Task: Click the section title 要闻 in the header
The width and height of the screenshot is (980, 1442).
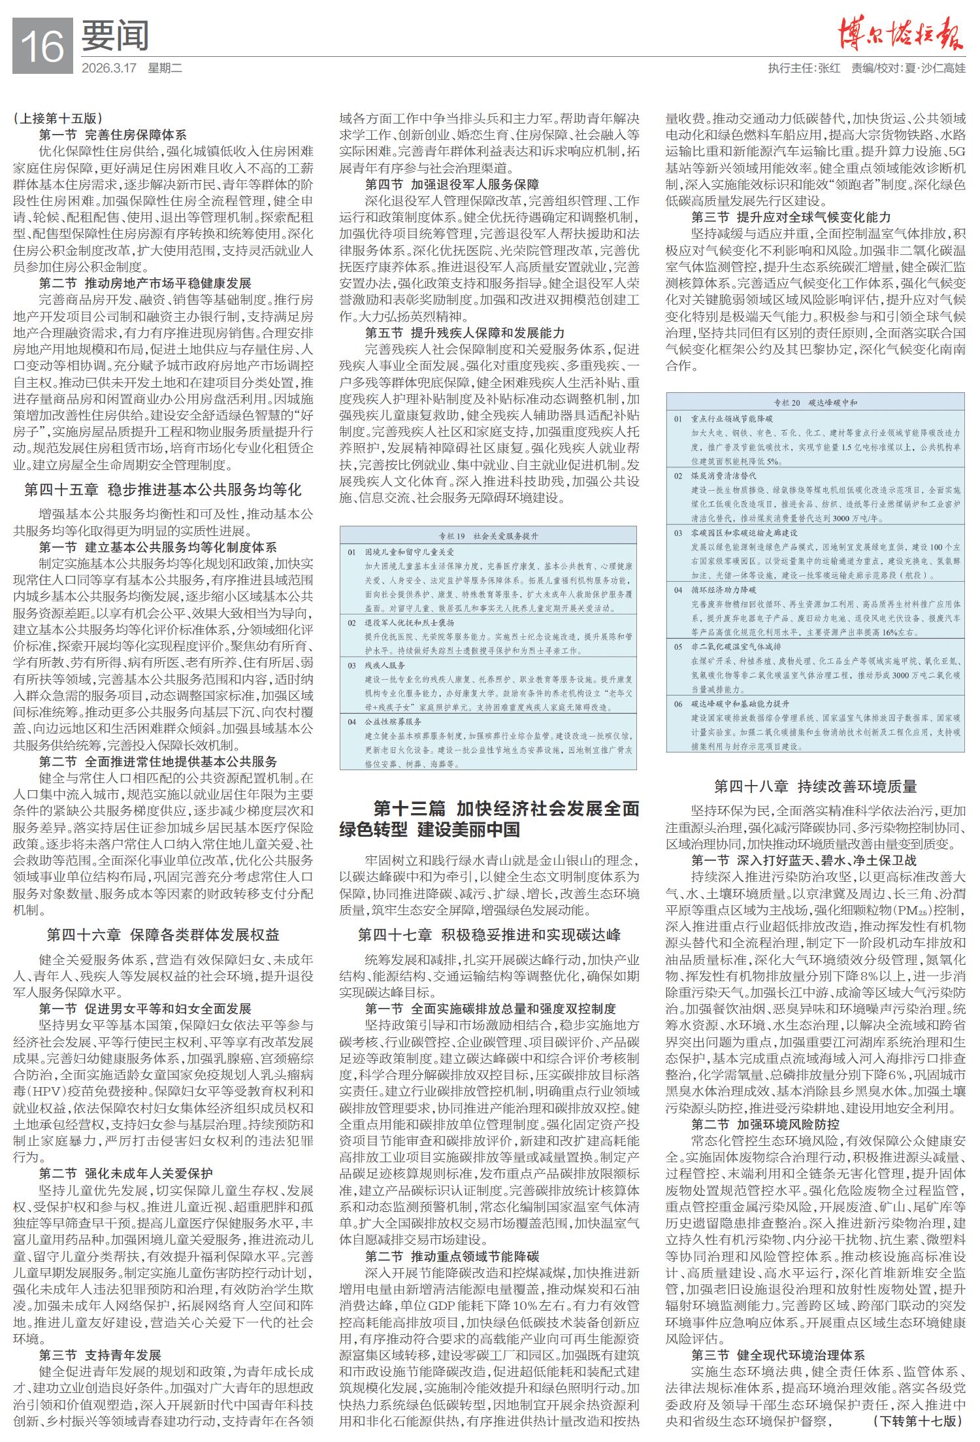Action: [115, 37]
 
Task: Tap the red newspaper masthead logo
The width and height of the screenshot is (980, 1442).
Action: [901, 34]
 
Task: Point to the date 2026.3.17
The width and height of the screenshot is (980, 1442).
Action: [108, 68]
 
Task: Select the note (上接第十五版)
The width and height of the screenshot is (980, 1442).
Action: [57, 118]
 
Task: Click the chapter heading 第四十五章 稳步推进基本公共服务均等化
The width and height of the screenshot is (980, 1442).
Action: [163, 490]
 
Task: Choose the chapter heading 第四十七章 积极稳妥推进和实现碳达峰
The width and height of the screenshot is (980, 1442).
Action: [489, 934]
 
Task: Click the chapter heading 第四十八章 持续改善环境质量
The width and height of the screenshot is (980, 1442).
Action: [815, 786]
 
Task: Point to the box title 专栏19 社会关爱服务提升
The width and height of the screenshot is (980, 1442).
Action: [488, 535]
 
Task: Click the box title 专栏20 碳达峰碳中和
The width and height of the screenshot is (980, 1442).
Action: [815, 403]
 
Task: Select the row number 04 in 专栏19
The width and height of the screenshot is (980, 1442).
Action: [351, 722]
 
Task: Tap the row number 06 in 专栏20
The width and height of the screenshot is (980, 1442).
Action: [678, 704]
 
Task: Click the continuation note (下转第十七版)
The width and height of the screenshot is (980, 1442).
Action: [917, 1420]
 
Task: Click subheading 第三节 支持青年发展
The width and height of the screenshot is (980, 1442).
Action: [100, 1337]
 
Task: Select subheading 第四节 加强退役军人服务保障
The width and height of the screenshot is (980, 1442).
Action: [452, 184]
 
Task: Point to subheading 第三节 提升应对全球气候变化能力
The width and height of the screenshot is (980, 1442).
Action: [791, 217]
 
